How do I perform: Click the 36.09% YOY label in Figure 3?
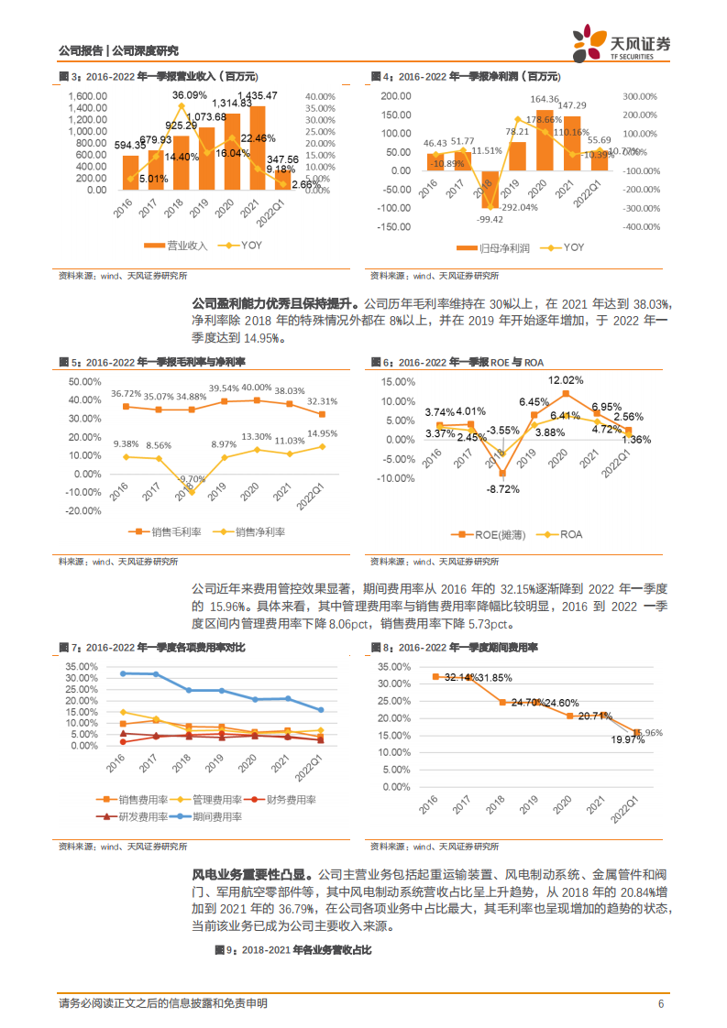190,95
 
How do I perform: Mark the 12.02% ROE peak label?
566,380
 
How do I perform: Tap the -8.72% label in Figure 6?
502,489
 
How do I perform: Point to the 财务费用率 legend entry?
284,800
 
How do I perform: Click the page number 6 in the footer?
660,1003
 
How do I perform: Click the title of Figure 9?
292,951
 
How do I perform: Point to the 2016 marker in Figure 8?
436,676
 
